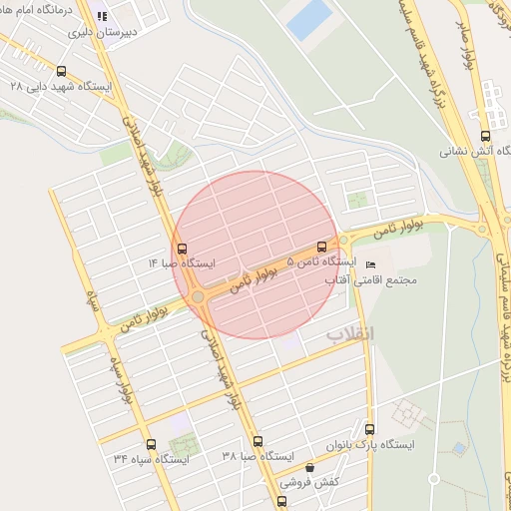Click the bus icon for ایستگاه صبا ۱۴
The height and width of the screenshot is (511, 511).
pos(181,249)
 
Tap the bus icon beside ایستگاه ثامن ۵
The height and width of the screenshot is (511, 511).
pos(321,246)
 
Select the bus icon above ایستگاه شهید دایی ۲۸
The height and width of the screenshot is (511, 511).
pos(62,71)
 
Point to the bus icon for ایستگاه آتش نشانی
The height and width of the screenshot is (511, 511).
pos(485,136)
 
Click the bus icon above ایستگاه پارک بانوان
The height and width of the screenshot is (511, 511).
pos(369,429)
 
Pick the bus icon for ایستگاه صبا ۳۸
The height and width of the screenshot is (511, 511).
pos(257,440)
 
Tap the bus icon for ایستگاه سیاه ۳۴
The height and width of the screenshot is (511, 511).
pos(151,444)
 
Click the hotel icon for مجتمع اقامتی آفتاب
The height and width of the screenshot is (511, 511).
pos(371,264)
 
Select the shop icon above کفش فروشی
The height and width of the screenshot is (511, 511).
pos(309,467)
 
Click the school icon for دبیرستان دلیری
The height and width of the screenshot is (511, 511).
pos(102,16)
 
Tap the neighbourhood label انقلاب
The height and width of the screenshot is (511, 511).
pos(349,332)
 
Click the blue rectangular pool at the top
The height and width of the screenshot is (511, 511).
pos(310,19)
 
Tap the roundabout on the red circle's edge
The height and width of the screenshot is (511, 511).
pos(199,296)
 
